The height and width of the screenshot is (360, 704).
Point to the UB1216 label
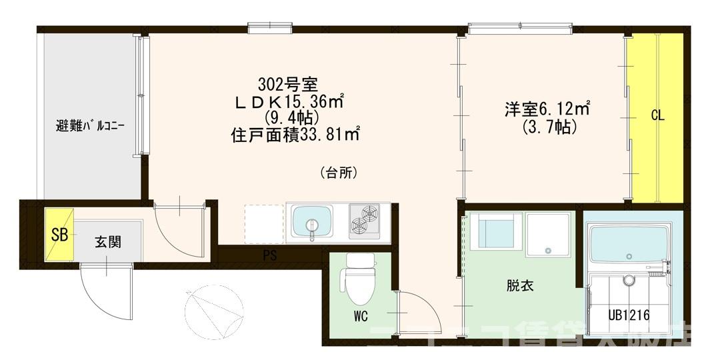(628, 314)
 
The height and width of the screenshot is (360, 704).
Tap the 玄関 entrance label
(107, 241)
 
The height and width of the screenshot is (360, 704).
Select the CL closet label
(657, 115)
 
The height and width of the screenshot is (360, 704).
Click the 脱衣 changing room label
(517, 287)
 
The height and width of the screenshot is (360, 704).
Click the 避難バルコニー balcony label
(91, 125)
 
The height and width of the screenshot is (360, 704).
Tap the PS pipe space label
(269, 255)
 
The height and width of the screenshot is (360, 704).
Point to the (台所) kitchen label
(340, 173)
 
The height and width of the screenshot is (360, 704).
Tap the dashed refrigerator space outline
(264, 224)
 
